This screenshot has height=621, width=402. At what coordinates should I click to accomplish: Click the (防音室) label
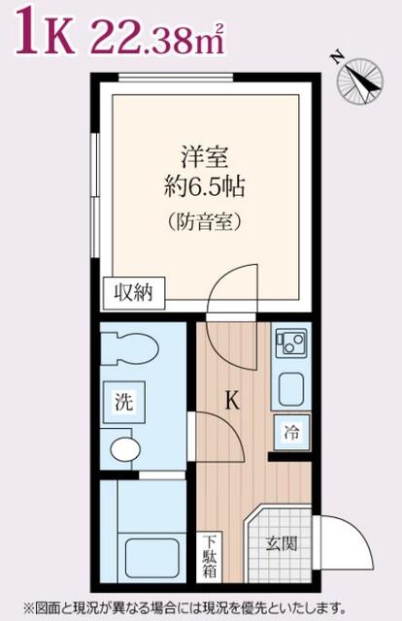(204, 222)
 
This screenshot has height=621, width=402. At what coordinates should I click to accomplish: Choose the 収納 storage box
(133, 291)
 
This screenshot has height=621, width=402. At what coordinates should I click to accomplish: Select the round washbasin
(124, 449)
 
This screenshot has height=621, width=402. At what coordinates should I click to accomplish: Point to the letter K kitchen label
(232, 400)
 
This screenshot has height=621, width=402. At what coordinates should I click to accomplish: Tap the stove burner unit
(290, 342)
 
